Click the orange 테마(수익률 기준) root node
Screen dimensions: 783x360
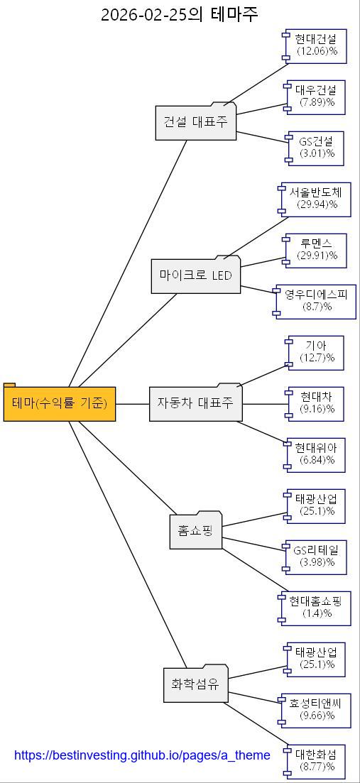click(60, 404)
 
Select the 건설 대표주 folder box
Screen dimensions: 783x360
click(196, 122)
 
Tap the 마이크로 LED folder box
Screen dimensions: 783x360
click(196, 275)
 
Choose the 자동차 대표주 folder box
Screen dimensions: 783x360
click(196, 403)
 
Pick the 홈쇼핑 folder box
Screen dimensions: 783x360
click(196, 531)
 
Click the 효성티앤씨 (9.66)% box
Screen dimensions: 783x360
click(316, 710)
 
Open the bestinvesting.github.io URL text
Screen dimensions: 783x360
click(142, 755)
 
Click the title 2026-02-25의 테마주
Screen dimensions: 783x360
click(180, 13)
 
